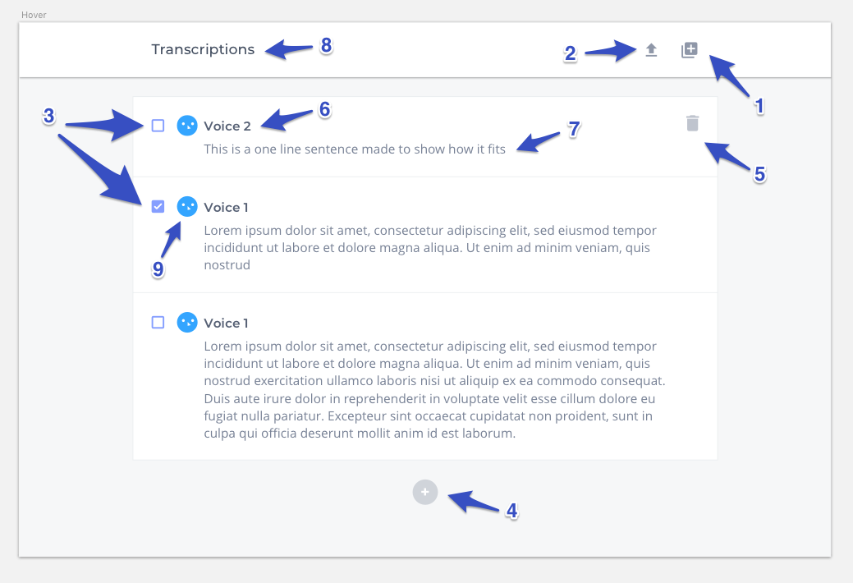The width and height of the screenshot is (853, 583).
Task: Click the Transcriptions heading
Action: (203, 49)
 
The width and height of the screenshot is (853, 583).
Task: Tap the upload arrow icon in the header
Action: (651, 50)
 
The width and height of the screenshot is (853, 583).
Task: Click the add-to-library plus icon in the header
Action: (690, 50)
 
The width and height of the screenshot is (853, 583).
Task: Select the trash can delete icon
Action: (693, 123)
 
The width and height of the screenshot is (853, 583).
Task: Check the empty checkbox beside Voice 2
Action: (158, 126)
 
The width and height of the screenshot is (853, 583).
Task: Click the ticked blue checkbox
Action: (158, 207)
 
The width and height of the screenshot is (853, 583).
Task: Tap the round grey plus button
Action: (425, 492)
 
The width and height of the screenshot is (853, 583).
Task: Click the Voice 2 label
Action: (227, 126)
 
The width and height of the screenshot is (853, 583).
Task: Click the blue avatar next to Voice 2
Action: (187, 126)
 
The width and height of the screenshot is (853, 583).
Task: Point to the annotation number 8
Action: (327, 46)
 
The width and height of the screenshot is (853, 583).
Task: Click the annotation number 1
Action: (759, 106)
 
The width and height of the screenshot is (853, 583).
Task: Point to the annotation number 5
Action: (760, 175)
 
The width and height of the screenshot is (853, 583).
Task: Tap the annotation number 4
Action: (512, 511)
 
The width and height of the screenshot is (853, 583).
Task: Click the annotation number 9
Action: (158, 269)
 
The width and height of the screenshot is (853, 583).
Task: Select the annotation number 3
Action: (49, 116)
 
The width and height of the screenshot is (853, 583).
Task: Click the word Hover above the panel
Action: (34, 15)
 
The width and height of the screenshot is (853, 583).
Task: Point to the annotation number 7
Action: (574, 129)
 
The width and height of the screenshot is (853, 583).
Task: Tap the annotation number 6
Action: (325, 109)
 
